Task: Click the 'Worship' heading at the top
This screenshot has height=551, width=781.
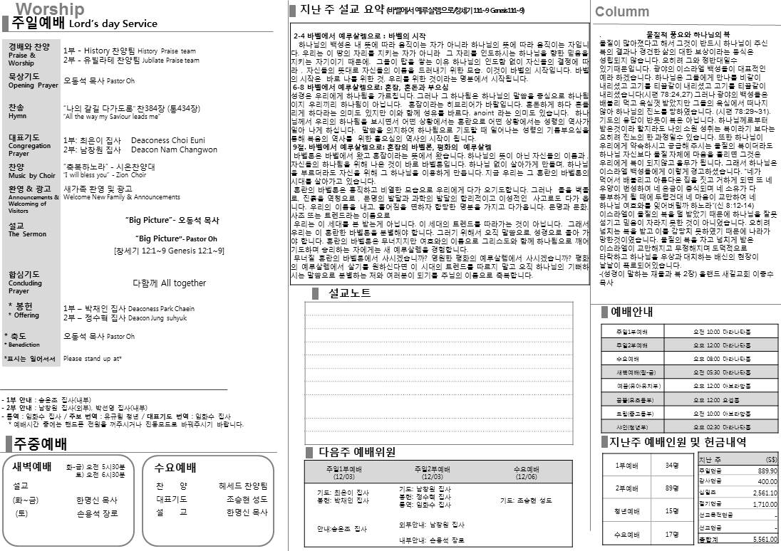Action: [x=50, y=9]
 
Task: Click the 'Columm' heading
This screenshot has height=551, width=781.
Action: [x=622, y=11]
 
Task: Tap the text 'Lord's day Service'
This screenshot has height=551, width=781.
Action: [x=113, y=23]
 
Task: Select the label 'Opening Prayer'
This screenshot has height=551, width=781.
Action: [x=33, y=85]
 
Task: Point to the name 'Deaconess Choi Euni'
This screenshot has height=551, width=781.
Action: [x=168, y=141]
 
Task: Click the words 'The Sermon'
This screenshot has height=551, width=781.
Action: [x=27, y=234]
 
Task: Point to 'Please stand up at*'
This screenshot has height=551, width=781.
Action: [x=92, y=359]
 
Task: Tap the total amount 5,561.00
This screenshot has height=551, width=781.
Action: [x=765, y=540]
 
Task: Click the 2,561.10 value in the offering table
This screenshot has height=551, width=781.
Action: [x=765, y=493]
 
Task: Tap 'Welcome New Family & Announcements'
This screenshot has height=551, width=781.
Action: [x=112, y=197]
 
